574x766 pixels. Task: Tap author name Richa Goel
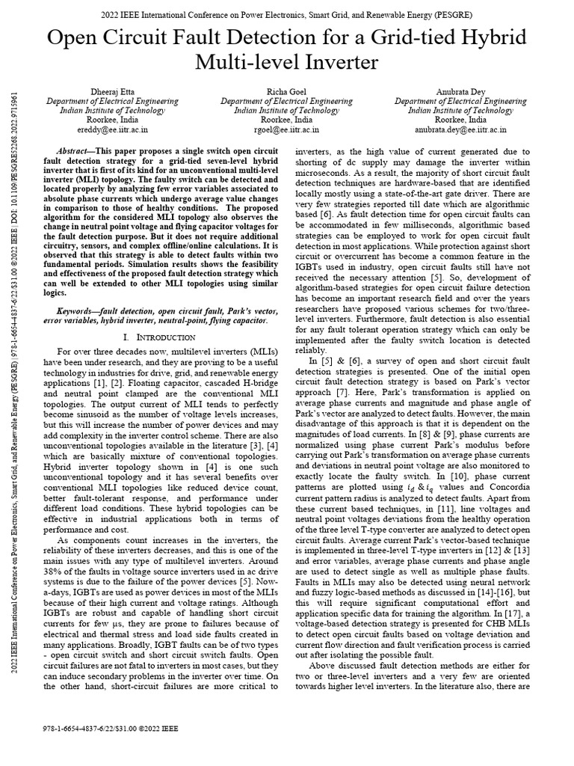point(287,91)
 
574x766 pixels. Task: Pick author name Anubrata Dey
point(461,91)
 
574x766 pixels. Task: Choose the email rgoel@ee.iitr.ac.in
point(287,129)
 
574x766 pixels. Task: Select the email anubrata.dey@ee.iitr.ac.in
point(461,129)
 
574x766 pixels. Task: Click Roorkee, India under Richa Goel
point(287,119)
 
